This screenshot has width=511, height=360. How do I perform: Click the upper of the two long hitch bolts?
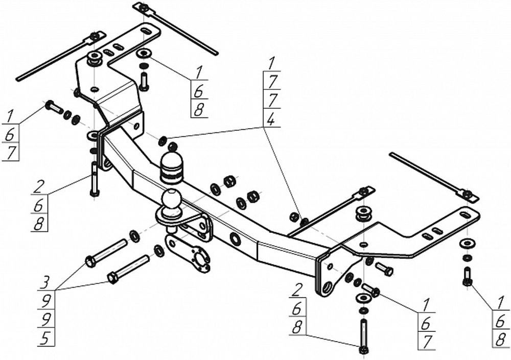(x=106, y=253)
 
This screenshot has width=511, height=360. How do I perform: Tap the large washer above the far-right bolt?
(x=467, y=243)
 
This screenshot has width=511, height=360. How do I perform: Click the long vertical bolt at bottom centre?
(x=363, y=335)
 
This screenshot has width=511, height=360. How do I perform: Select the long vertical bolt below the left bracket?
(x=95, y=178)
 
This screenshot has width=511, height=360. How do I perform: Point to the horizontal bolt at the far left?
(x=54, y=107)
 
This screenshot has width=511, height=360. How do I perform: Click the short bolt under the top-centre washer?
(x=144, y=81)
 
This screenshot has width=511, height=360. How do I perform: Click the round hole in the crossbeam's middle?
(x=236, y=238)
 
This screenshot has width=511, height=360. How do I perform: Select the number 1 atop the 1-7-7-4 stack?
(x=271, y=64)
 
